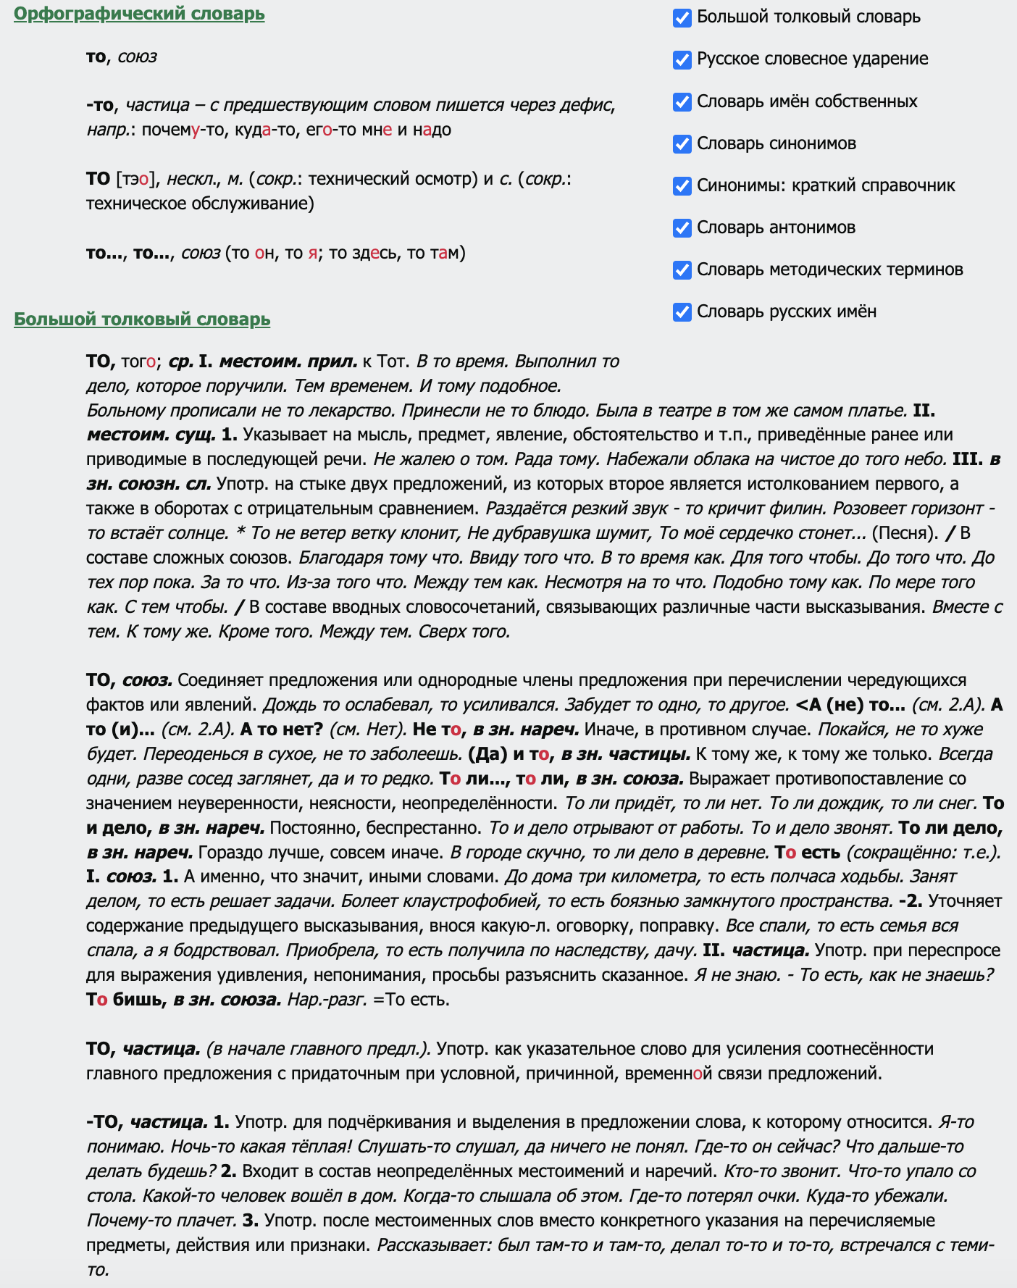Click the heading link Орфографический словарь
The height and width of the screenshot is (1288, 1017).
(x=139, y=14)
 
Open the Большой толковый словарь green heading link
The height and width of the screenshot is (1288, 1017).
(x=142, y=319)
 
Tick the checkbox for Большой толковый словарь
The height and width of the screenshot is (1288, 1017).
(x=682, y=17)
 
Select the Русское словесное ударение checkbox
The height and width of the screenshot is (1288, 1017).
(x=682, y=59)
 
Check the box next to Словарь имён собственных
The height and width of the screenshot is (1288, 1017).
(x=682, y=101)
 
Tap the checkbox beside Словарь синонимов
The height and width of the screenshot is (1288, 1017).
(x=682, y=143)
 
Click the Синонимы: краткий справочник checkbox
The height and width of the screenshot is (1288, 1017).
(x=682, y=185)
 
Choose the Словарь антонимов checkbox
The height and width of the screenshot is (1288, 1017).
(x=682, y=227)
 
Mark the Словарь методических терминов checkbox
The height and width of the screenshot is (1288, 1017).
(x=682, y=269)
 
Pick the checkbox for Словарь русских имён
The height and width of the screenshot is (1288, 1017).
(x=682, y=311)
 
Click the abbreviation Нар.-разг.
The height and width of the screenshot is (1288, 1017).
(x=327, y=1000)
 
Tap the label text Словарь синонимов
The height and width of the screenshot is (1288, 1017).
(x=777, y=143)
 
